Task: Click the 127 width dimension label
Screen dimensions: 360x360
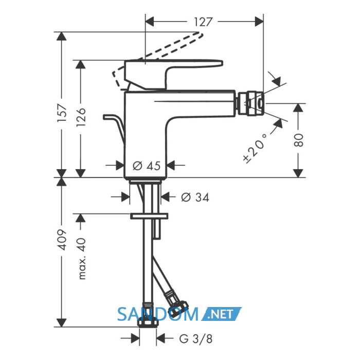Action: point(203,22)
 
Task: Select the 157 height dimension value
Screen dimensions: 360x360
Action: point(62,113)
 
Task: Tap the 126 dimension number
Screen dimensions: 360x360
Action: point(81,117)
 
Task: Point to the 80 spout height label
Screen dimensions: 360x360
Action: point(298,140)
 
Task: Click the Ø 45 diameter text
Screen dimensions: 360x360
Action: point(147,166)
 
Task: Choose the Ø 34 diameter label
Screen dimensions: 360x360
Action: point(195,197)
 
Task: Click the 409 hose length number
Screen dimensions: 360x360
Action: point(62,240)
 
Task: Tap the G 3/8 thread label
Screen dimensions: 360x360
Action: point(196,338)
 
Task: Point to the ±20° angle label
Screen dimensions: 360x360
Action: point(255,149)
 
